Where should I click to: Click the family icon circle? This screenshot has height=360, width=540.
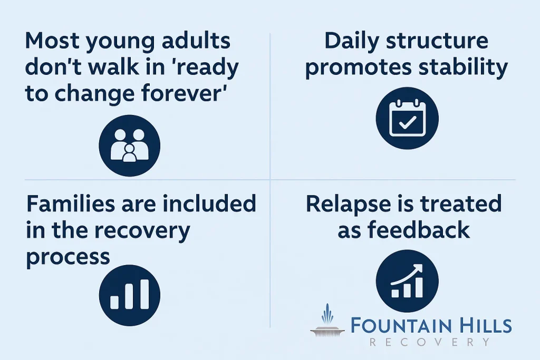coord(130,145)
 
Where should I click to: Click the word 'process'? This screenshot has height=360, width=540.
coord(68,257)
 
